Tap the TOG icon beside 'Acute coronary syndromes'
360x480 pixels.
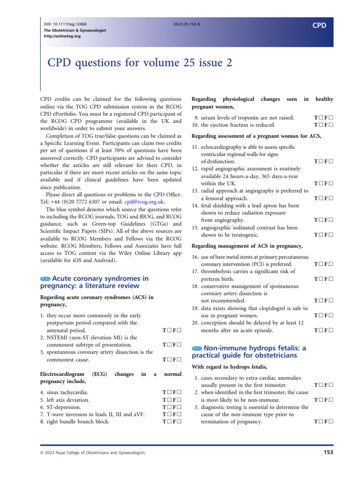coord(45,278)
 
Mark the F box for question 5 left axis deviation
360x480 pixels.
coord(179,400)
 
